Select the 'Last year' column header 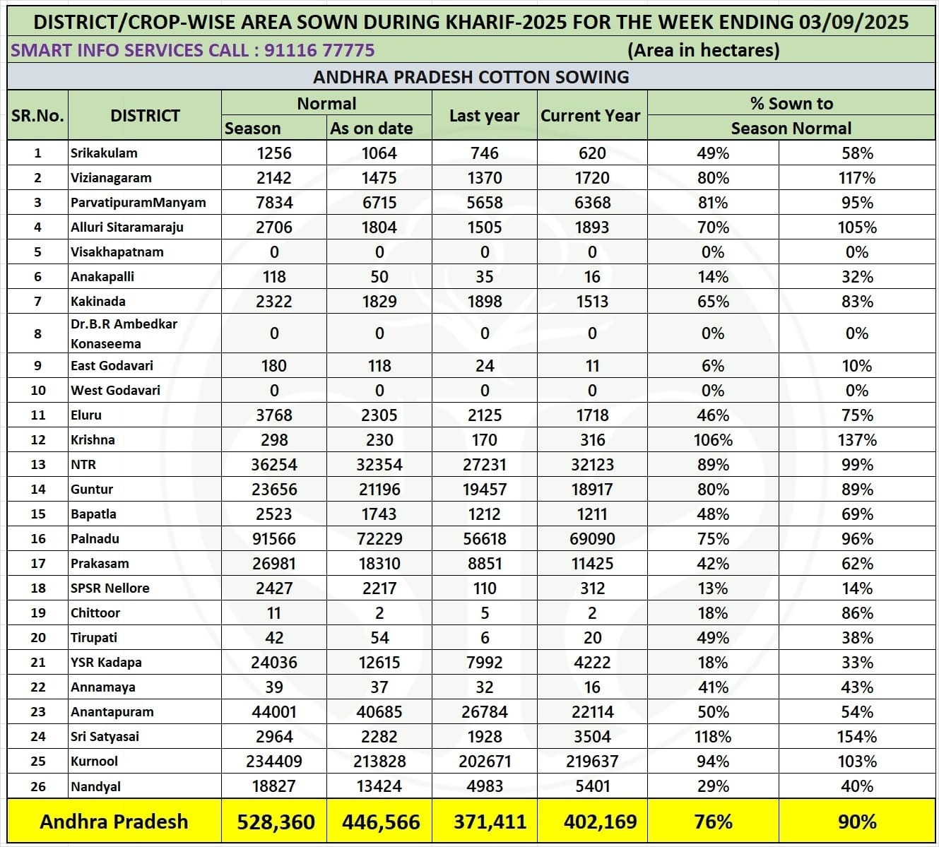[x=484, y=116]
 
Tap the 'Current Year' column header [x=591, y=116]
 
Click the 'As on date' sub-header [x=372, y=129]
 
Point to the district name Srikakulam [x=104, y=153]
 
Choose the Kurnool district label [x=94, y=762]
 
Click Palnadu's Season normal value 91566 [x=274, y=539]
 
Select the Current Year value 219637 [x=592, y=762]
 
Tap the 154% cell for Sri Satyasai [x=857, y=737]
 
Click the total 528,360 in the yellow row [x=276, y=822]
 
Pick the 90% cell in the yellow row [x=857, y=822]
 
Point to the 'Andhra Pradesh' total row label [x=114, y=822]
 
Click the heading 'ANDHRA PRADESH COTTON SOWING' [x=471, y=77]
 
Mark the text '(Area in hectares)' [x=703, y=50]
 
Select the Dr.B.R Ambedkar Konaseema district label [x=124, y=333]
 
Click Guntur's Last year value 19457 [x=484, y=490]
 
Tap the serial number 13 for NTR [x=38, y=465]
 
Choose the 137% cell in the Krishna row [x=857, y=440]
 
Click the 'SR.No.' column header [x=37, y=116]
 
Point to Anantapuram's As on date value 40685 [x=379, y=712]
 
